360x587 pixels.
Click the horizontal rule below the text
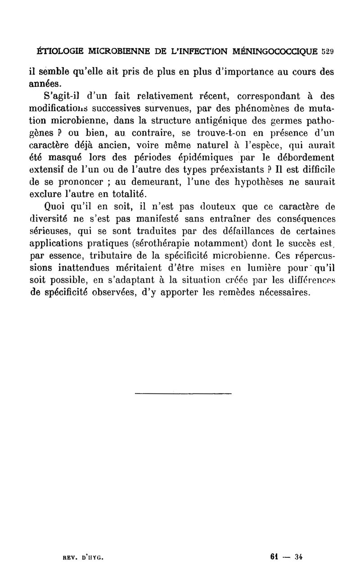[183, 394]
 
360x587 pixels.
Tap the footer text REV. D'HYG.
[83, 557]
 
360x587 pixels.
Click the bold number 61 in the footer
[273, 557]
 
